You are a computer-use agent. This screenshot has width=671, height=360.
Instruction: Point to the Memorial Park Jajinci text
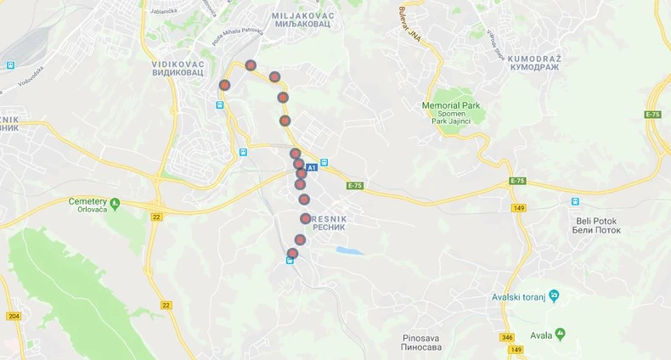pyautogui.click(x=451, y=113)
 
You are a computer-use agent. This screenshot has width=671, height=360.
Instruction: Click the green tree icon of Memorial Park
pyautogui.click(x=451, y=93)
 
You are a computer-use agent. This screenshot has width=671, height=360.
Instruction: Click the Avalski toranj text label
pyautogui.click(x=520, y=296)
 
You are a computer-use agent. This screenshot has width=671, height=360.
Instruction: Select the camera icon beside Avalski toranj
pyautogui.click(x=554, y=295)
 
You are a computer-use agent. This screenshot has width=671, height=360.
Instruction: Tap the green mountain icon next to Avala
pyautogui.click(x=560, y=334)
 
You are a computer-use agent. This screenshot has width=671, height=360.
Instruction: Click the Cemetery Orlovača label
pyautogui.click(x=87, y=205)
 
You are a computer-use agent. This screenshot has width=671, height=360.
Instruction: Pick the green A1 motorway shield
pyautogui.click(x=311, y=167)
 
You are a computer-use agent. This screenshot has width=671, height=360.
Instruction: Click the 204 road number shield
pyautogui.click(x=14, y=316)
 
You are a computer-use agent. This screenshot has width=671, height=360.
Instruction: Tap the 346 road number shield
pyautogui.click(x=507, y=338)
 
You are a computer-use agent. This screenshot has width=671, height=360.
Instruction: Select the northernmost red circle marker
pyautogui.click(x=251, y=65)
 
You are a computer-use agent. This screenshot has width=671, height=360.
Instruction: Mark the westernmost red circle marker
pyautogui.click(x=224, y=85)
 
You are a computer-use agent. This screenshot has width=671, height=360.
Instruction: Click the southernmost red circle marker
pyautogui.click(x=293, y=253)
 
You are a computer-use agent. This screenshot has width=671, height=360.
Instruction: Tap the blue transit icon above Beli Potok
pyautogui.click(x=575, y=202)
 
